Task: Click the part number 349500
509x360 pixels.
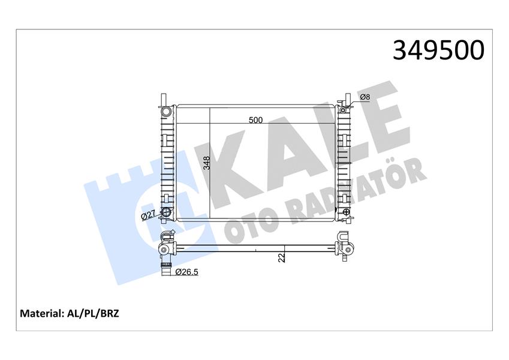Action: pyautogui.click(x=438, y=51)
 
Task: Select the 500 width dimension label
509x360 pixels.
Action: pyautogui.click(x=256, y=120)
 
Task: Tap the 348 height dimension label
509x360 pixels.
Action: pyautogui.click(x=206, y=164)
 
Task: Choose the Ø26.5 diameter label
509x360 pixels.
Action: pyautogui.click(x=187, y=272)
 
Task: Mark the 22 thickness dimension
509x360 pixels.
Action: pyautogui.click(x=281, y=257)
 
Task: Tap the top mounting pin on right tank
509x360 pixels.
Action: pyautogui.click(x=347, y=98)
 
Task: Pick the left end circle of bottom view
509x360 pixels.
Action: pyautogui.click(x=163, y=250)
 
